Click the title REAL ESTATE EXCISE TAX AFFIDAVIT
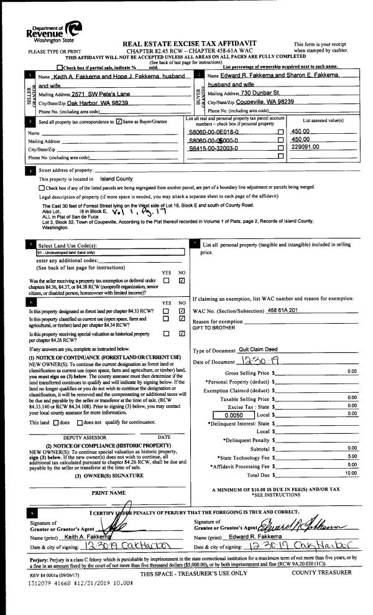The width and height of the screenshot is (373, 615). pyautogui.click(x=186, y=44)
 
